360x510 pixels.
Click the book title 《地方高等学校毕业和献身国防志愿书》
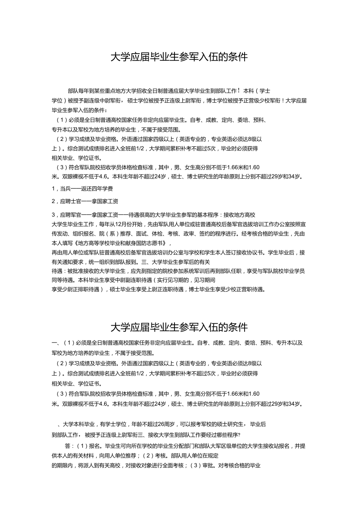[117, 243]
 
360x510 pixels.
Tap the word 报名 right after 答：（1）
[95, 446]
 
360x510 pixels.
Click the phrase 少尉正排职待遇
[78, 290]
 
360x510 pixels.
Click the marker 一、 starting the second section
[55, 343]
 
